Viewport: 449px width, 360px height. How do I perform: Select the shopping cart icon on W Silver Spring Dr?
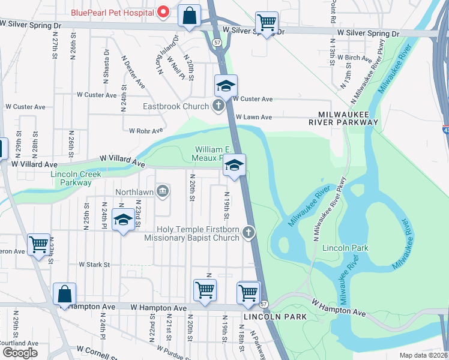[x=267, y=23]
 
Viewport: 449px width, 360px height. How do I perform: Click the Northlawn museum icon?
[x=162, y=191]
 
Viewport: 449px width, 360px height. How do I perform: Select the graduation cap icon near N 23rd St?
[x=123, y=220]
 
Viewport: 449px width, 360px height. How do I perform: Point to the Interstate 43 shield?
[x=445, y=129]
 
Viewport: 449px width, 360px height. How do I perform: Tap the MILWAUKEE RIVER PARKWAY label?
[x=348, y=117]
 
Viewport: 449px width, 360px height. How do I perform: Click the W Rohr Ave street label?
[x=146, y=130]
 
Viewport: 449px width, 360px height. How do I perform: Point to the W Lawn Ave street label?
[x=254, y=117]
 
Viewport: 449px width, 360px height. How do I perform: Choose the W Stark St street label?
[x=95, y=264]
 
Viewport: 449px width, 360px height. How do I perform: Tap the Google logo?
[x=19, y=352]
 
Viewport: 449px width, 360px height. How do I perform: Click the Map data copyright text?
[x=423, y=355]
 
